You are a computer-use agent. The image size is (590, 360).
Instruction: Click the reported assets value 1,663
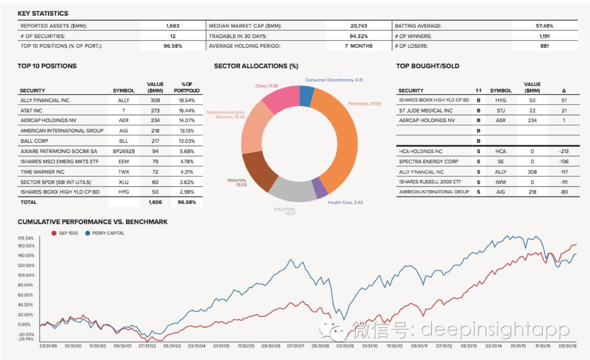coord(172,25)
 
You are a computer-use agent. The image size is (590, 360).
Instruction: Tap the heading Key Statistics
coord(43,13)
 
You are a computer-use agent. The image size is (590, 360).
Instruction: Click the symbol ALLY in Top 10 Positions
coord(124,100)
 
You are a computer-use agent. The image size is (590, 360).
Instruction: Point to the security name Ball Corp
coord(35,141)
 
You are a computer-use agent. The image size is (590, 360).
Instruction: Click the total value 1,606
coord(155,202)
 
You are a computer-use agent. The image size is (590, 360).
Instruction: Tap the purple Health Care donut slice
coord(319,188)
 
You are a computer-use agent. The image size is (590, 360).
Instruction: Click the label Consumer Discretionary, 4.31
coord(334,80)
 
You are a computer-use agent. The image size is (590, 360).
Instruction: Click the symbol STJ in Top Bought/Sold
coord(500,110)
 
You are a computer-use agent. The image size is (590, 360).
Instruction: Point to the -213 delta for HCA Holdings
coord(563,151)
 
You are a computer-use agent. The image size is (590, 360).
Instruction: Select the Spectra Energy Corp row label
coord(421,161)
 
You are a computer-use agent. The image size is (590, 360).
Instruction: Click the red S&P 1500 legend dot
coord(54,233)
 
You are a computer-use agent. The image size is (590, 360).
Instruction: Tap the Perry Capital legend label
coord(108,233)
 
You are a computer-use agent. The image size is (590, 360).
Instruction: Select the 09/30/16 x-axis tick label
coord(568,345)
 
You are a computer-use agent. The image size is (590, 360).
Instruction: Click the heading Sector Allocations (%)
coord(256,66)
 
